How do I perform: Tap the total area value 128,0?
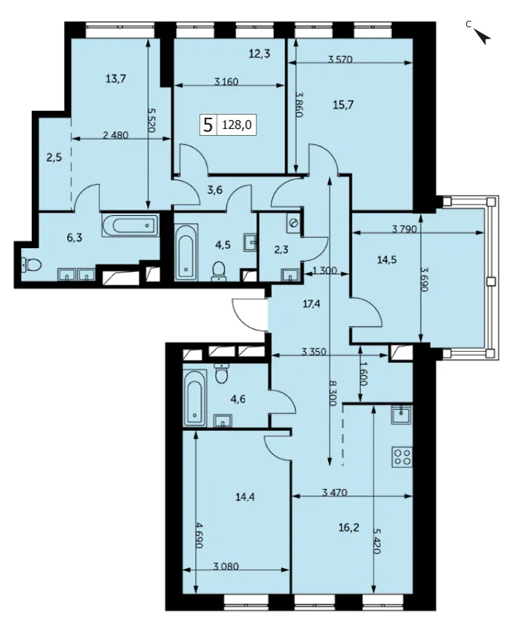click(236, 125)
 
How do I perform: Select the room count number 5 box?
click(207, 125)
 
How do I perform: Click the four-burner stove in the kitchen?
click(402, 456)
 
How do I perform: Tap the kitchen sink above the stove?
click(402, 415)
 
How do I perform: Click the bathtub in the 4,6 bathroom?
click(195, 398)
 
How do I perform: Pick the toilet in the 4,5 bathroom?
click(219, 271)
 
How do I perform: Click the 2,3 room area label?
click(281, 251)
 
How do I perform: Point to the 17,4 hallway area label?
click(312, 304)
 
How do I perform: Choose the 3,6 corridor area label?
click(214, 190)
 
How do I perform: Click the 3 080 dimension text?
click(226, 565)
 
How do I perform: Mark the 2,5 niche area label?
click(54, 157)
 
